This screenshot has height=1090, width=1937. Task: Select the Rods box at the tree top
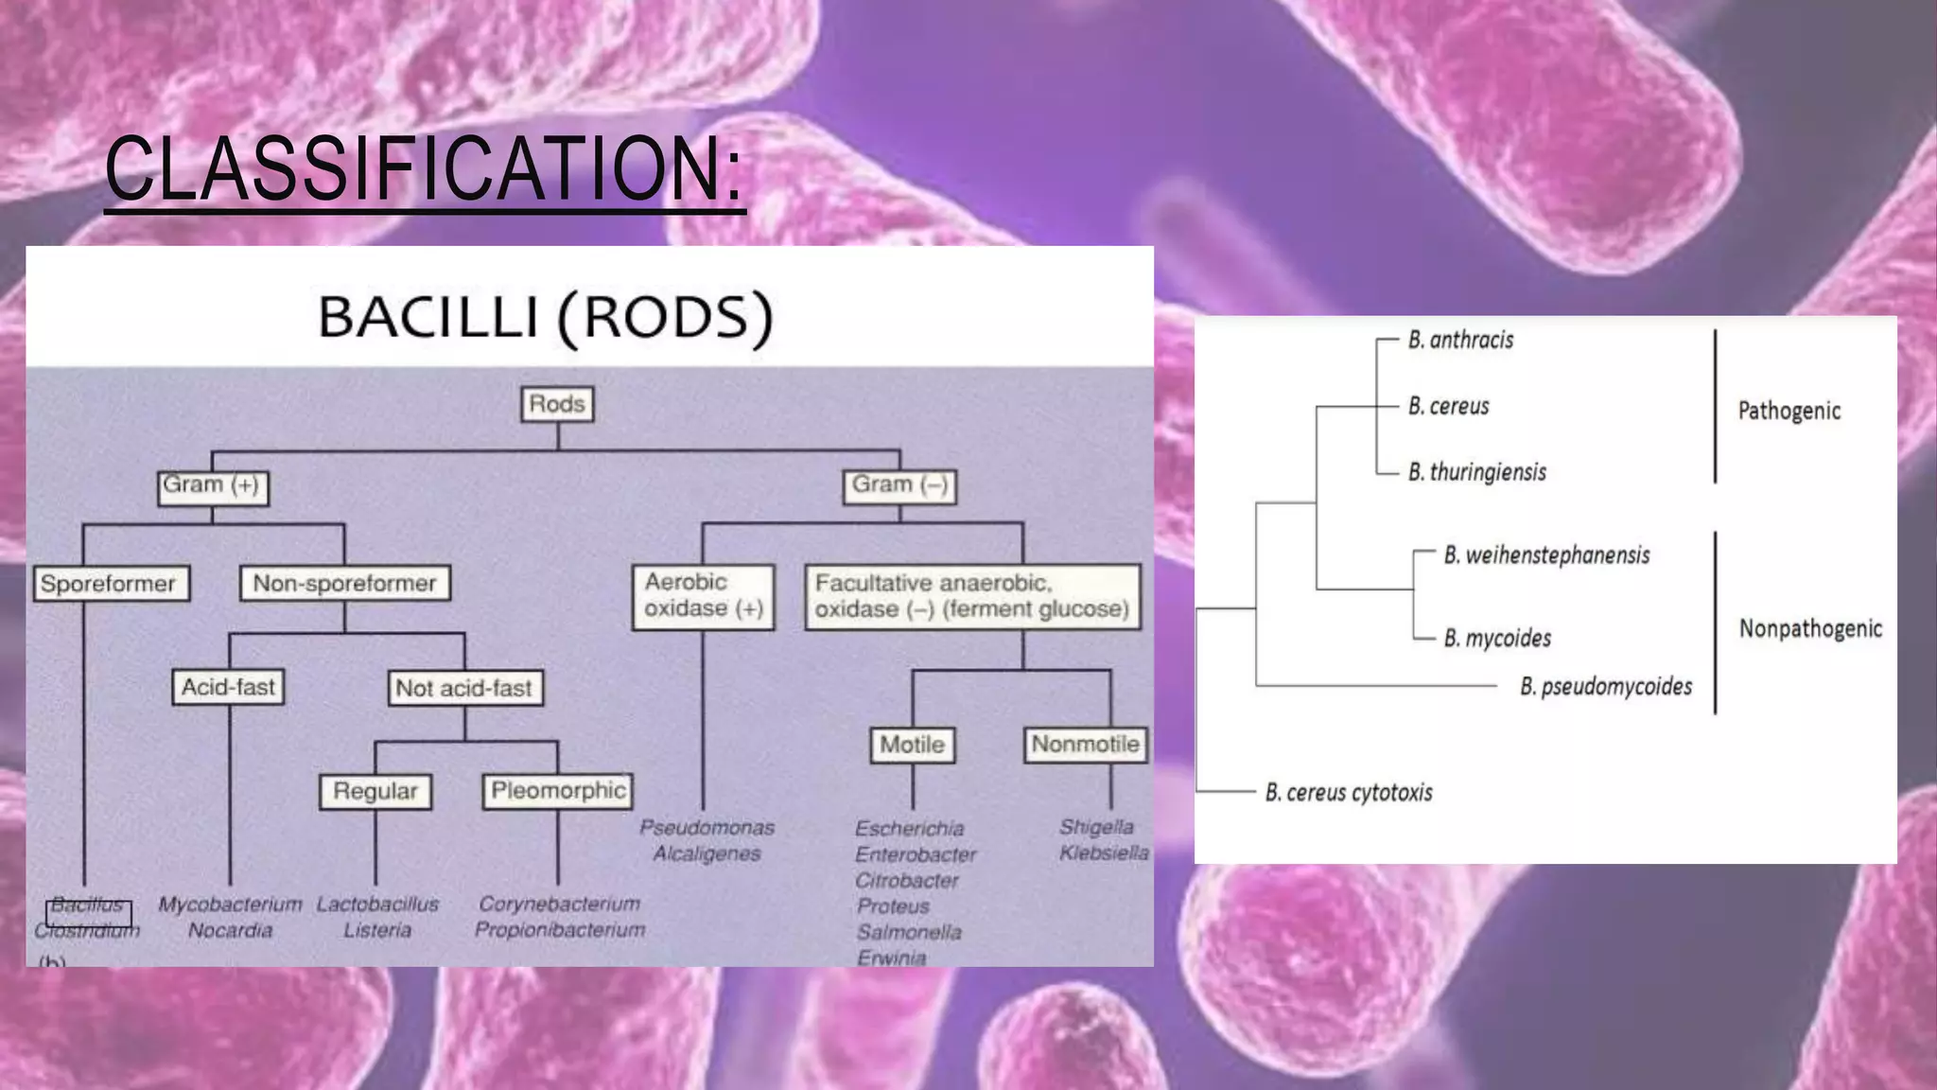[x=557, y=404]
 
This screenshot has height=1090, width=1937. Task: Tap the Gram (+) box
[x=213, y=486]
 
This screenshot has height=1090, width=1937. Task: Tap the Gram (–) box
[x=899, y=486]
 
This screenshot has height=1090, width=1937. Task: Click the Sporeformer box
[x=110, y=584]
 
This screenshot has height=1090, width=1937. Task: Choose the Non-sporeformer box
[x=345, y=584]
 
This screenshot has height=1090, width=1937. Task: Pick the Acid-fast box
[x=228, y=688]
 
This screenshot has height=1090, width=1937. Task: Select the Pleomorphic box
[x=558, y=791]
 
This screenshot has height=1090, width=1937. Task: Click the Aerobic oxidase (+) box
[x=703, y=596]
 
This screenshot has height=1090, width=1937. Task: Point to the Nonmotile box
[x=1085, y=745]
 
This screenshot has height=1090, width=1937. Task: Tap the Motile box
[x=912, y=745]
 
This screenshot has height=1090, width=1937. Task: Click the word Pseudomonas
[x=707, y=828]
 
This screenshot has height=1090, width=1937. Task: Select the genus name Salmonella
[x=909, y=932]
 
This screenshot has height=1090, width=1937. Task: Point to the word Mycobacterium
[x=230, y=905]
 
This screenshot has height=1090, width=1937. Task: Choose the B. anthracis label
[x=1460, y=340]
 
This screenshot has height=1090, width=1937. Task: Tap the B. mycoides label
[x=1497, y=639]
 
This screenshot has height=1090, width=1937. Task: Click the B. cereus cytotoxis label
[x=1349, y=793]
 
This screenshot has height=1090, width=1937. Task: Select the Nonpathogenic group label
[x=1809, y=629]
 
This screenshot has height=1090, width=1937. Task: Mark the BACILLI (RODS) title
[x=546, y=317]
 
